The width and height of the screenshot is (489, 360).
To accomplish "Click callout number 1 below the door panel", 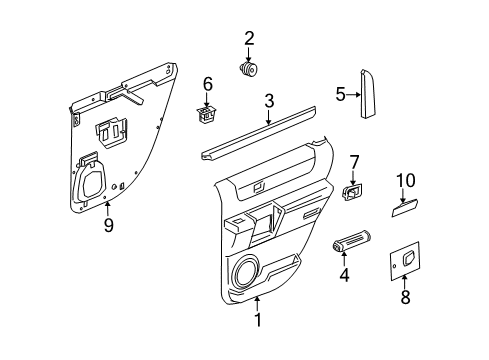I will point(257,320).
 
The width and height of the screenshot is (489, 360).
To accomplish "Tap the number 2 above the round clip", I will point(249,38).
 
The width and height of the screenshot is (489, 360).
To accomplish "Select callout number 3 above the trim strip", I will point(269,100).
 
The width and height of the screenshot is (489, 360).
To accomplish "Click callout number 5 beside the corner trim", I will point(339,95).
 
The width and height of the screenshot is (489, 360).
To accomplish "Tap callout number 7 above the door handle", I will point(353,161).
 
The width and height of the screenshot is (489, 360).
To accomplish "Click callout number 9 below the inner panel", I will point(108,225).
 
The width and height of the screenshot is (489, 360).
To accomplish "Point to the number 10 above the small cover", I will point(405,180).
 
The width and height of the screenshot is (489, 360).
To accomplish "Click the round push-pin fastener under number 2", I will point(249,70).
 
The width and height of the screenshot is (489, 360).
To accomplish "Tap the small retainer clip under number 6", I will point(208,114).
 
